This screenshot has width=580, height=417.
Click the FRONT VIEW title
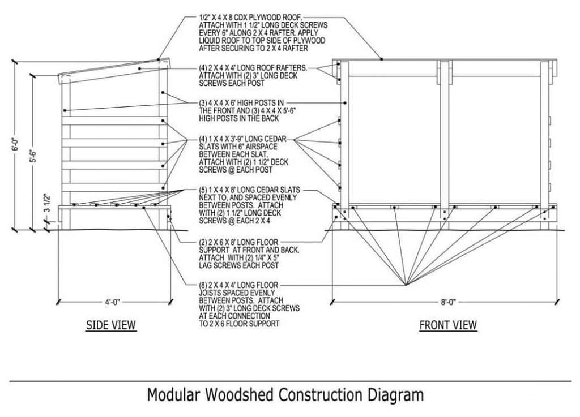(x=448, y=325)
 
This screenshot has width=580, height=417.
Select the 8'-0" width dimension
(x=447, y=302)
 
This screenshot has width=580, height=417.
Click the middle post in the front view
(x=445, y=136)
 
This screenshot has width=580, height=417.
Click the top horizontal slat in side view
(x=113, y=121)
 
